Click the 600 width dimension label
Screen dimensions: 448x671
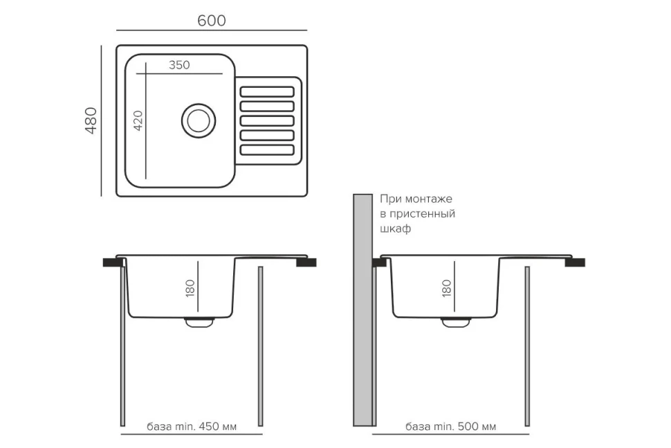[211, 21]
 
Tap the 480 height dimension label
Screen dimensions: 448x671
[91, 120]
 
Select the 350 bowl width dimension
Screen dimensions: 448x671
[178, 65]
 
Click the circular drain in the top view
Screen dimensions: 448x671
[199, 120]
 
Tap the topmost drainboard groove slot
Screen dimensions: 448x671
[267, 91]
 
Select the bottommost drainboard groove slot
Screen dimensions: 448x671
[267, 150]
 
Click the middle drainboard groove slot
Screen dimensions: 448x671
[267, 120]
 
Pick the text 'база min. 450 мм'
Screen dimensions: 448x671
[192, 427]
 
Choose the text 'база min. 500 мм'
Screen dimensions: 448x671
[451, 427]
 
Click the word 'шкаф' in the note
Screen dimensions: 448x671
[395, 229]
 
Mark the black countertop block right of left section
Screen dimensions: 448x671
[306, 262]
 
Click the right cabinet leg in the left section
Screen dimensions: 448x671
[261, 346]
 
